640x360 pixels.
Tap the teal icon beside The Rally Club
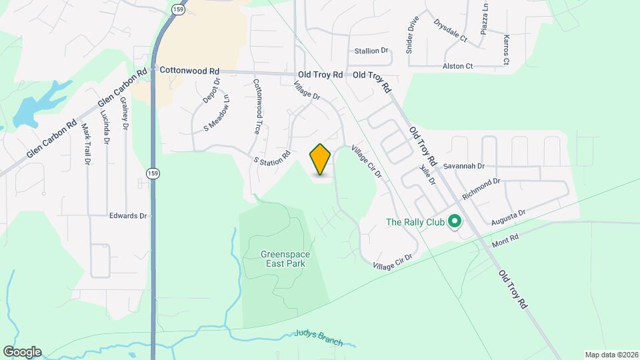click(x=455, y=221)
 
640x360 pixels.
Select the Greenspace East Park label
click(x=283, y=258)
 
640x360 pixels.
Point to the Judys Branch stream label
click(x=318, y=339)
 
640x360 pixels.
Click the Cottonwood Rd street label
click(x=189, y=70)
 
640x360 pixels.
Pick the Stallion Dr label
click(x=371, y=51)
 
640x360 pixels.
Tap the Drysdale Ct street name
click(x=450, y=30)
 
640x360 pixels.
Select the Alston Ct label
click(x=457, y=67)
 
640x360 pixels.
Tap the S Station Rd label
click(x=272, y=158)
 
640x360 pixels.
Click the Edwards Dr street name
click(x=128, y=215)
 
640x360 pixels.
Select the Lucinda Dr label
click(x=107, y=127)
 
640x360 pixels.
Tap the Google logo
click(x=22, y=351)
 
